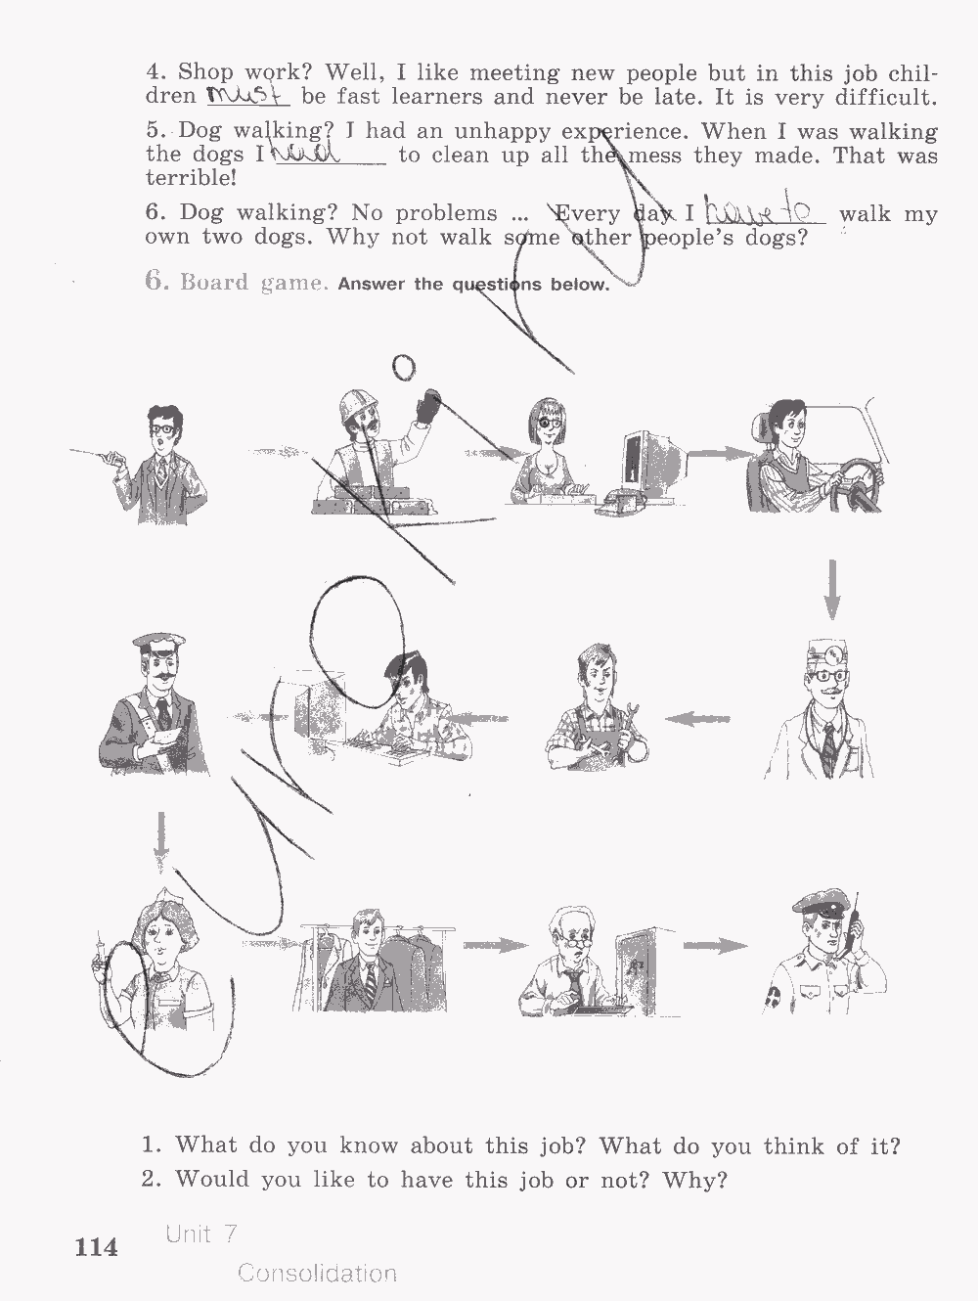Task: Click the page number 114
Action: [96, 1247]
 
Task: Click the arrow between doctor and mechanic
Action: [698, 719]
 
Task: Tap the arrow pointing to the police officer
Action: [714, 945]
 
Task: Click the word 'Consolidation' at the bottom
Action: [317, 1273]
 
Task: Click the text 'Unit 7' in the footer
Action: [201, 1234]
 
